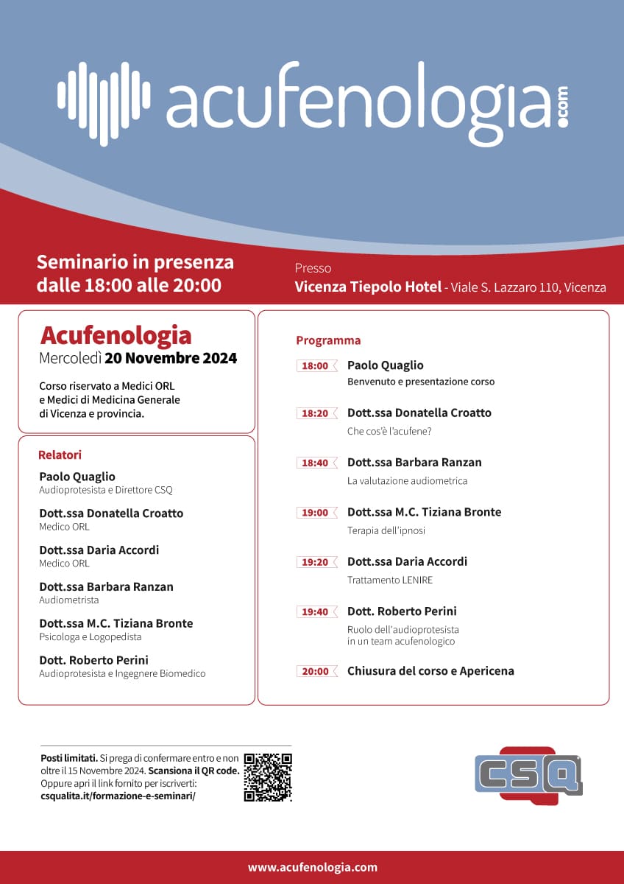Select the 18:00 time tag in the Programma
click(316, 365)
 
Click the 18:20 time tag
click(316, 413)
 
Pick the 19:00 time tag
click(316, 513)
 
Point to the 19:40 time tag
click(316, 611)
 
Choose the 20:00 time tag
click(316, 671)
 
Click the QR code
click(268, 777)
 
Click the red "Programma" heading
click(328, 340)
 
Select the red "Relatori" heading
click(60, 455)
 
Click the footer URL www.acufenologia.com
click(312, 868)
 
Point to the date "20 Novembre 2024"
click(171, 359)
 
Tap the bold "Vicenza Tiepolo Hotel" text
click(368, 287)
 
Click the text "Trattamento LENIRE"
click(390, 580)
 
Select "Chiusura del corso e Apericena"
click(430, 671)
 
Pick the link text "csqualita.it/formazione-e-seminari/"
click(118, 796)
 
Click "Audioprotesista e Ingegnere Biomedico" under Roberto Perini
click(122, 673)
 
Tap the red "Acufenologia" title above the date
click(116, 335)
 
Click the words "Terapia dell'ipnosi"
click(386, 530)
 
